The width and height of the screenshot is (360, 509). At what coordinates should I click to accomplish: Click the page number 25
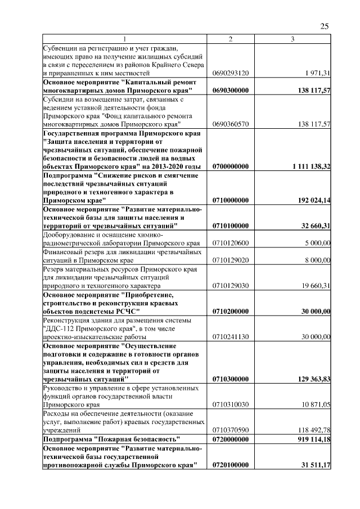(324, 26)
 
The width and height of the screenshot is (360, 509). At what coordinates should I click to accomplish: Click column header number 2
(231, 38)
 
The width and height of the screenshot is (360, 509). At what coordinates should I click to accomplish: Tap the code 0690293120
(231, 74)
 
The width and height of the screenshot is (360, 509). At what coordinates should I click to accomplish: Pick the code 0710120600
(231, 243)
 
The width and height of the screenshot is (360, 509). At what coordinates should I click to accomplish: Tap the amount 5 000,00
(317, 243)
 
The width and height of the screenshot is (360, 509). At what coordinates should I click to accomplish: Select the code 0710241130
(231, 336)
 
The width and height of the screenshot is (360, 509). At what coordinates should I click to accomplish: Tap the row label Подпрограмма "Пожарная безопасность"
(112, 439)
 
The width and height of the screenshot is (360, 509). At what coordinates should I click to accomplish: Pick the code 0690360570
(231, 124)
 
